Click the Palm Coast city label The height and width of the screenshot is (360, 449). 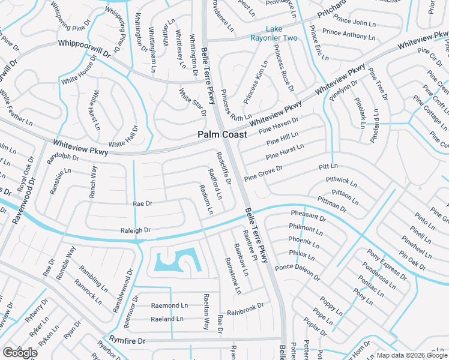[x=222, y=135]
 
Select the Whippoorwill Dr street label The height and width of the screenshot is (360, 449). [x=85, y=48]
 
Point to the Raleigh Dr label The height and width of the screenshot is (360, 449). [x=135, y=230]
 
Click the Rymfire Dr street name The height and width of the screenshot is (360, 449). [x=127, y=341]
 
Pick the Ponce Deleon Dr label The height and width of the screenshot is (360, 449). [x=298, y=271]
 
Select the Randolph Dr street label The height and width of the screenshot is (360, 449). [x=63, y=158]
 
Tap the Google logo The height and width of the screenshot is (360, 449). [x=20, y=353]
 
